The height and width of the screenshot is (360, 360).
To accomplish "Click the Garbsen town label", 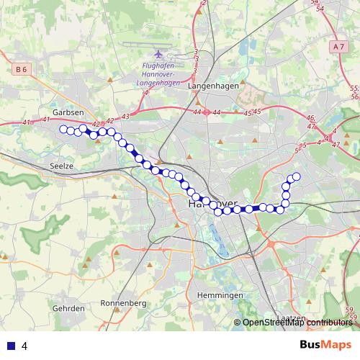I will pyautogui.click(x=68, y=113).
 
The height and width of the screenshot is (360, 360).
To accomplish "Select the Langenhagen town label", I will pyautogui.click(x=207, y=86).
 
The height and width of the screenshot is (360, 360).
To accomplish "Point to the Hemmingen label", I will pyautogui.click(x=220, y=296).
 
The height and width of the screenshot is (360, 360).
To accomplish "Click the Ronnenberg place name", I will pyautogui.click(x=124, y=303).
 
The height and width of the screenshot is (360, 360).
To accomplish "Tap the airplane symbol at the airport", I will pyautogui.click(x=158, y=54).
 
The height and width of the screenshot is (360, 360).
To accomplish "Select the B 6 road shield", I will pyautogui.click(x=22, y=69).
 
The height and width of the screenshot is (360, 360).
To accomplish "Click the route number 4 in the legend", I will pyautogui.click(x=24, y=346).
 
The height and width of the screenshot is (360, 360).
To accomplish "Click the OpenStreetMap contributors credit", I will pyautogui.click(x=297, y=323).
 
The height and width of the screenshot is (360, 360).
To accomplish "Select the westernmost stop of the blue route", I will pyautogui.click(x=63, y=129).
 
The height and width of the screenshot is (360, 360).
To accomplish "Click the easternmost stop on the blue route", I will pyautogui.click(x=296, y=176).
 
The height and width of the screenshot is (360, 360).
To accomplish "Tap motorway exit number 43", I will pyautogui.click(x=125, y=116).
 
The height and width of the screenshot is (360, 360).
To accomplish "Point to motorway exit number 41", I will pyautogui.click(x=27, y=123).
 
